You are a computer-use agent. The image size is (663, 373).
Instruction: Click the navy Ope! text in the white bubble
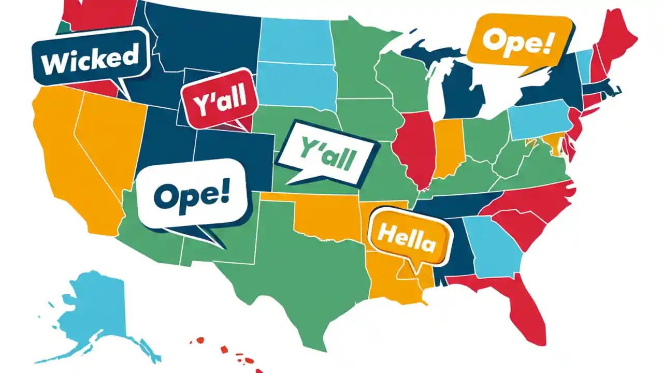point(191,194)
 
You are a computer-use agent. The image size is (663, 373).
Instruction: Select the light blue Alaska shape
point(98,306)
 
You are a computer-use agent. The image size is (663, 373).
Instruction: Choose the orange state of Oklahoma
point(331,218)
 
